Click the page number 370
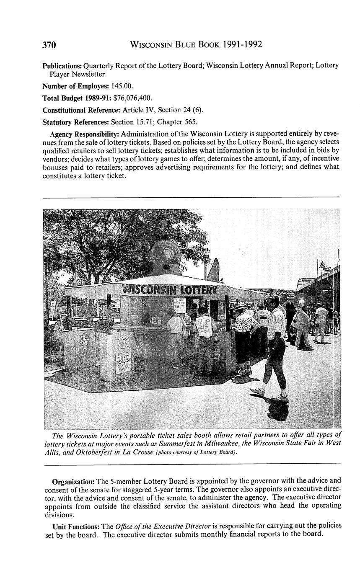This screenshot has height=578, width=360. pyautogui.click(x=49, y=45)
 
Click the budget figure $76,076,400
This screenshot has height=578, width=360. pyautogui.click(x=133, y=98)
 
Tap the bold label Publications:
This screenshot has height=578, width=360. pyautogui.click(x=62, y=66)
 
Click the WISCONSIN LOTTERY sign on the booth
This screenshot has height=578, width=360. pyautogui.click(x=169, y=289)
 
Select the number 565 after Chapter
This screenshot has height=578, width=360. pyautogui.click(x=190, y=122)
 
